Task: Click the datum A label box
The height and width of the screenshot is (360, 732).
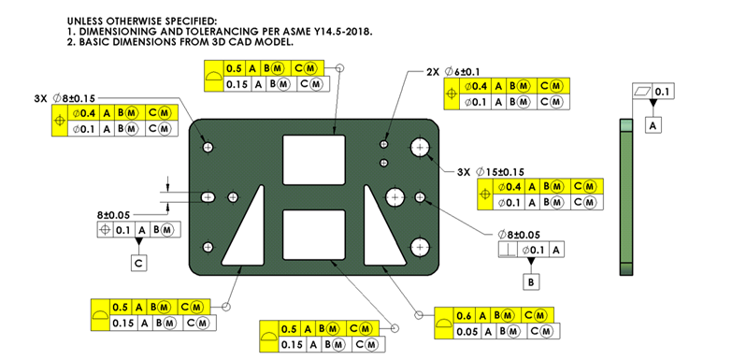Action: tap(654, 124)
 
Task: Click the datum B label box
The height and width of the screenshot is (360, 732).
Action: tap(531, 282)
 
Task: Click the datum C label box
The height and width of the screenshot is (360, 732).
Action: tap(138, 264)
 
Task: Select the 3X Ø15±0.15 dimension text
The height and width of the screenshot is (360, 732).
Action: tap(491, 172)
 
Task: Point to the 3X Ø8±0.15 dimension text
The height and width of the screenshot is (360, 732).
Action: tap(65, 98)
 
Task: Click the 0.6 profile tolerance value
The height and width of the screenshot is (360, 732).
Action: tap(464, 316)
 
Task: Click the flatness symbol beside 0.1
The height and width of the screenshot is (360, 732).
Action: tap(641, 92)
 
